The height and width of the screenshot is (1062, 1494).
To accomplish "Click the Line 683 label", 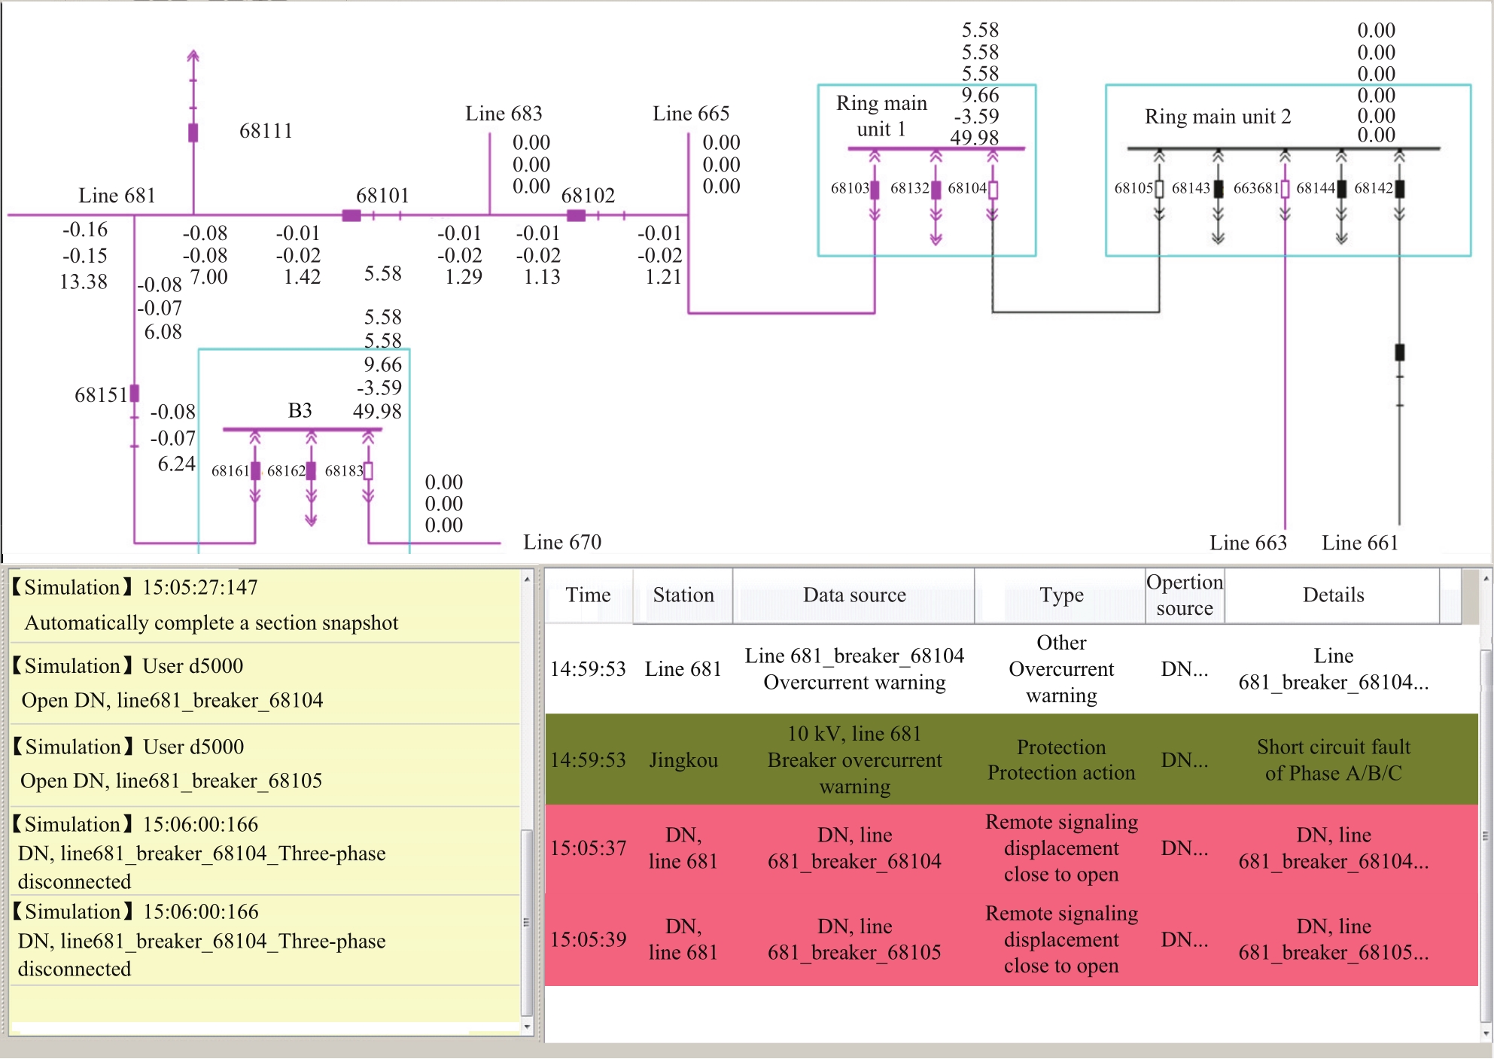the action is (504, 114).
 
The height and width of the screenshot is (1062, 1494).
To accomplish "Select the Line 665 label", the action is (691, 114).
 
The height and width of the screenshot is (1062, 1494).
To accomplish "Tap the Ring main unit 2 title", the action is (1218, 117).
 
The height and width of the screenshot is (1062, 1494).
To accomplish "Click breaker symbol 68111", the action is (193, 132).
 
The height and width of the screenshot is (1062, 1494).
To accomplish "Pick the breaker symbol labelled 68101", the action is (351, 216).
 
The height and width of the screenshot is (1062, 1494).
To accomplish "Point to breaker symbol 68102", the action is (577, 216).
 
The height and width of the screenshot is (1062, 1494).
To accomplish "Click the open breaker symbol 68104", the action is (993, 190).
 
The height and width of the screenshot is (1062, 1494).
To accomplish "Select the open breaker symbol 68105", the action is (1159, 189).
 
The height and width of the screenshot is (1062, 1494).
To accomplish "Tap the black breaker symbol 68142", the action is (1400, 189).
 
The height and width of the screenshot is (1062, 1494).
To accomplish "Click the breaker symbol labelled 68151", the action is (135, 393).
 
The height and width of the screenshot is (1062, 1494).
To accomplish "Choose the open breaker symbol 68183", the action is (368, 471).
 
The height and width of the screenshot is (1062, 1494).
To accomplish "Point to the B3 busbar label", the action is (300, 410).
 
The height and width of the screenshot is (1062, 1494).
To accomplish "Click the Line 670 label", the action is (562, 542).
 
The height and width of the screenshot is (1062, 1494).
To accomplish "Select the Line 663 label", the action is (1248, 543).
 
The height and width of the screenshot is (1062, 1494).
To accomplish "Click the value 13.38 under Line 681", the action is (84, 281).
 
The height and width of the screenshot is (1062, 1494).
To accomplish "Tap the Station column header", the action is (683, 595).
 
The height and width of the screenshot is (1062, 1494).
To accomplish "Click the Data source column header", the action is (854, 595).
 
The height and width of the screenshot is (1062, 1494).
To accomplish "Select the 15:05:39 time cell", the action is (588, 939).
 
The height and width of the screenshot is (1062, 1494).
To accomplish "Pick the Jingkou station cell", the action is (683, 760).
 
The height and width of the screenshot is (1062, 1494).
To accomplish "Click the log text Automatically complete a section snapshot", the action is (211, 623).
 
